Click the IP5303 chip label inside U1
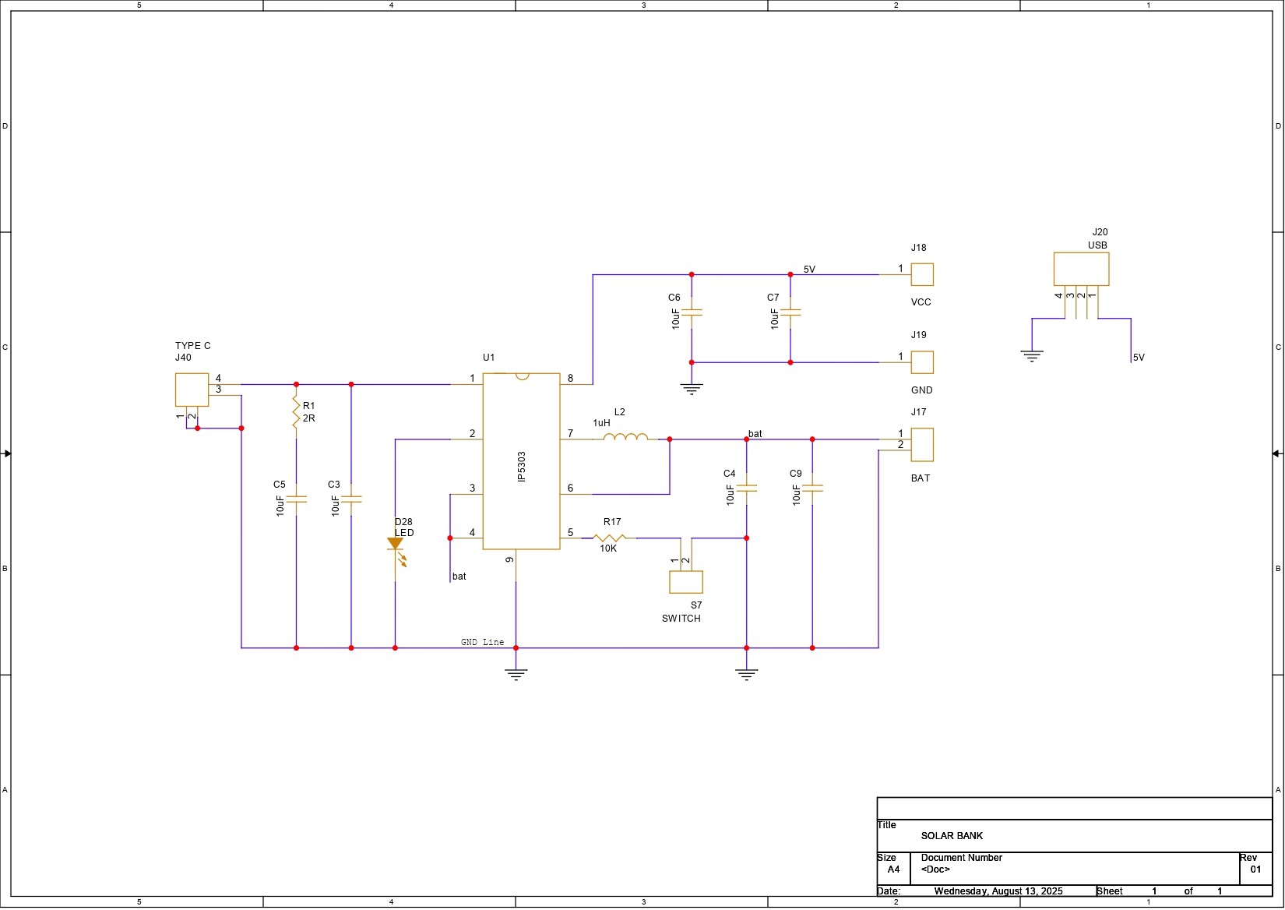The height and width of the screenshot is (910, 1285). click(522, 466)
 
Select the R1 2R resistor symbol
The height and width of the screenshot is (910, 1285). click(296, 412)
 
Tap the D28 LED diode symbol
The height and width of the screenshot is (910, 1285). click(396, 545)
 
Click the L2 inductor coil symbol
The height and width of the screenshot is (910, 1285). click(625, 436)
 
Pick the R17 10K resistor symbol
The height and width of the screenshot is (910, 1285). click(609, 538)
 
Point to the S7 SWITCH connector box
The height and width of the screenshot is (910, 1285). click(686, 582)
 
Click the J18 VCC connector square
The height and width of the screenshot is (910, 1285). click(922, 274)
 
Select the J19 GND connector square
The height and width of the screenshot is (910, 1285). click(922, 362)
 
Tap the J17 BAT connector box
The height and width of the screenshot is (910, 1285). click(922, 444)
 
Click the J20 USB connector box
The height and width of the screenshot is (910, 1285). click(1081, 269)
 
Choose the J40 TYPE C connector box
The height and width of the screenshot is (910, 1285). click(192, 390)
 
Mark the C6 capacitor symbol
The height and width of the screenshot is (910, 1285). click(692, 312)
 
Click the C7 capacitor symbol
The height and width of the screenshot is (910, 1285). click(790, 312)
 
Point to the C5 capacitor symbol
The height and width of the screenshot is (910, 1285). click(296, 499)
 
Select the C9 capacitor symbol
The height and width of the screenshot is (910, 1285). click(812, 489)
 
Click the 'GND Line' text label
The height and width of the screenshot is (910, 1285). click(482, 642)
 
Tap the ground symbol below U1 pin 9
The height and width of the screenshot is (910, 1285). click(516, 674)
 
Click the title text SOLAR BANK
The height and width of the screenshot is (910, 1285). click(952, 836)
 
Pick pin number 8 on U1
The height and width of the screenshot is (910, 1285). click(570, 379)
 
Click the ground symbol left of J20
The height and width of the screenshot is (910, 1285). click(1032, 356)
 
